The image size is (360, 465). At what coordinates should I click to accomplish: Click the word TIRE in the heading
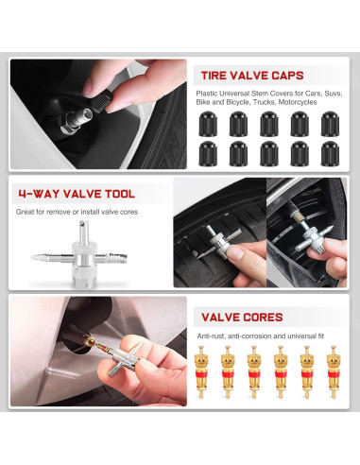[214, 76]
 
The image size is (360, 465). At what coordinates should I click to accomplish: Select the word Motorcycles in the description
[298, 102]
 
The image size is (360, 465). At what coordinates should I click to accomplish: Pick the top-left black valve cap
[208, 124]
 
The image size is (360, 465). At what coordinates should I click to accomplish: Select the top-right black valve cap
[330, 124]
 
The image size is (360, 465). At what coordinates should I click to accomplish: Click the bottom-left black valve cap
[208, 153]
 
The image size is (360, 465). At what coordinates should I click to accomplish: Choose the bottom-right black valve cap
[330, 153]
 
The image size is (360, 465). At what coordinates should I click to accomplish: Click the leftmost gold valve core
[200, 372]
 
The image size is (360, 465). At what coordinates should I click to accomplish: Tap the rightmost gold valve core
[334, 372]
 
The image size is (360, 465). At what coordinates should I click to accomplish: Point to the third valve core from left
[253, 372]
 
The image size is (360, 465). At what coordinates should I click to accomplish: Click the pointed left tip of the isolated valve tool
[31, 257]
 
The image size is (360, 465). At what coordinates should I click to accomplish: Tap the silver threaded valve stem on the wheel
[77, 119]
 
